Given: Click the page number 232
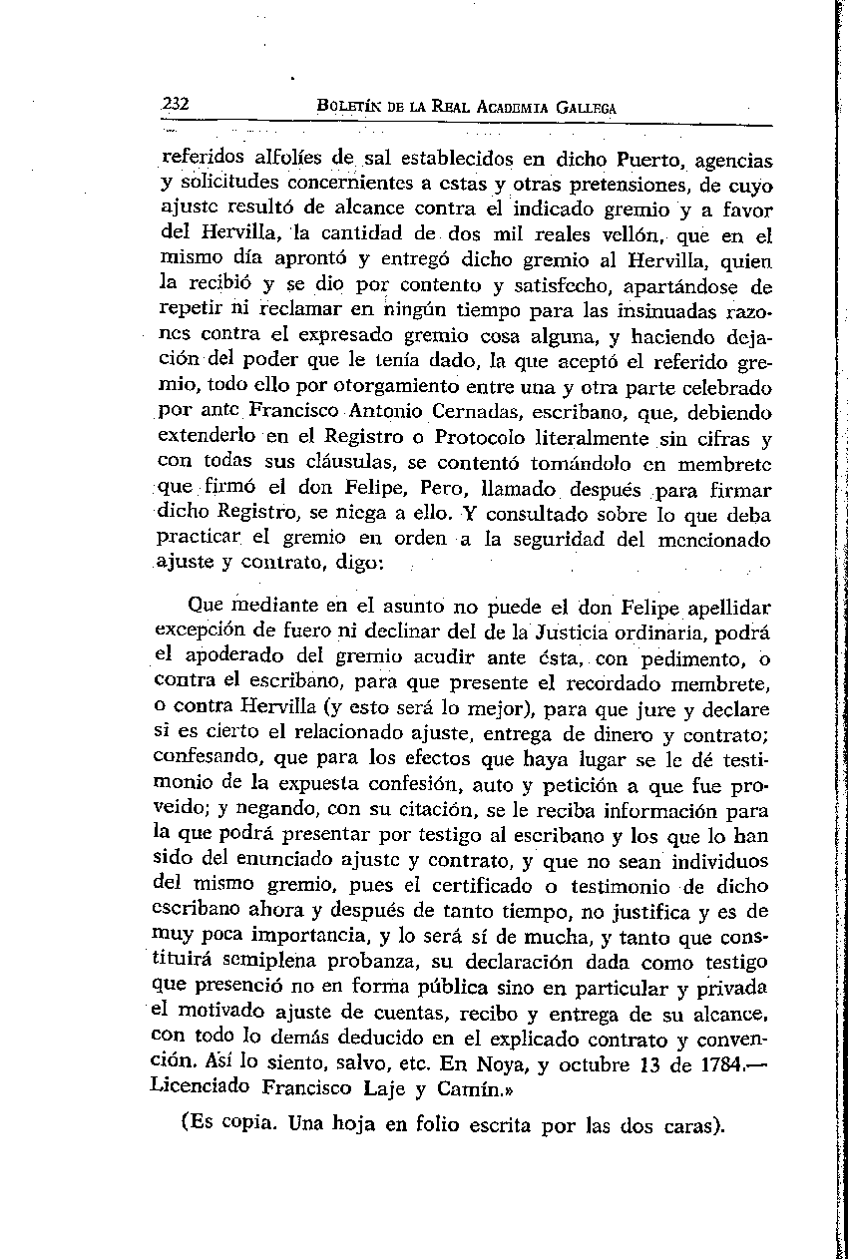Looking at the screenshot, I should coord(176,105).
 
